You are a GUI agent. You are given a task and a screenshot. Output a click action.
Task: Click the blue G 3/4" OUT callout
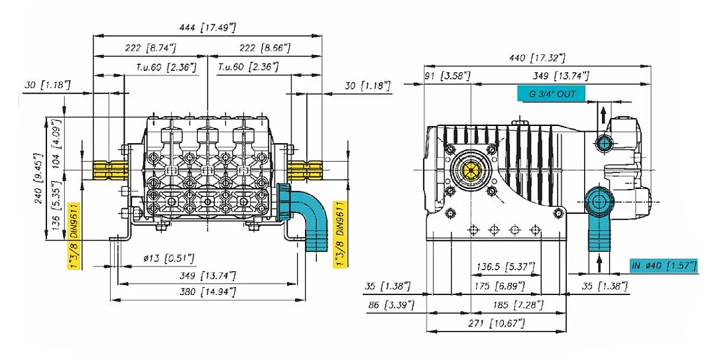coord(552,94)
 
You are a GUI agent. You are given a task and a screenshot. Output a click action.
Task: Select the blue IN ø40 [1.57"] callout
coord(664,266)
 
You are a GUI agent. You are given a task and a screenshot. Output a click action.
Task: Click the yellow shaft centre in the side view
coord(472,170)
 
